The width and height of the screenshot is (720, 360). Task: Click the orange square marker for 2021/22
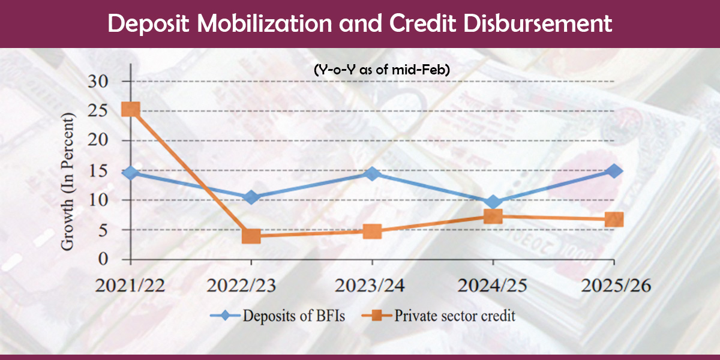click(x=130, y=109)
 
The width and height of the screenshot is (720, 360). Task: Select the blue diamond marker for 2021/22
click(x=130, y=173)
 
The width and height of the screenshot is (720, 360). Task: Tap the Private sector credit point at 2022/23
click(x=251, y=236)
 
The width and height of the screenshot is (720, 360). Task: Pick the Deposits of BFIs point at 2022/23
click(x=251, y=197)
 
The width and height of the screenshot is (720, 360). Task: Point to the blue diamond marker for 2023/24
click(x=372, y=173)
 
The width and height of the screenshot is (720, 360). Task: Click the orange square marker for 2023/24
click(x=372, y=231)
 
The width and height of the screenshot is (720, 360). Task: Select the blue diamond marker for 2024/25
click(x=493, y=202)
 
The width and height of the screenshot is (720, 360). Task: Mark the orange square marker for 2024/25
click(x=493, y=216)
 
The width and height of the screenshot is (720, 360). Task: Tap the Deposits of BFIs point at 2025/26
click(x=614, y=171)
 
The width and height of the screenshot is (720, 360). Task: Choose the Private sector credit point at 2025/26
click(x=614, y=220)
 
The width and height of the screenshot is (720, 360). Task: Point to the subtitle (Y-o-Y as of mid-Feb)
click(x=382, y=70)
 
